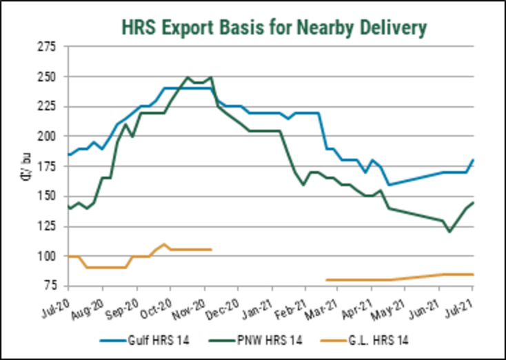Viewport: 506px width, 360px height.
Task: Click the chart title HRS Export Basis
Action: pos(274,27)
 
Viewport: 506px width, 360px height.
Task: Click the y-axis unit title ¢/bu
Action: pos(26,166)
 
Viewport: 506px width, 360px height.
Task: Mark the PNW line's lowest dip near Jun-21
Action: pos(450,232)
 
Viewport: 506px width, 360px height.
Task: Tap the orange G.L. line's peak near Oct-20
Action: pos(163,244)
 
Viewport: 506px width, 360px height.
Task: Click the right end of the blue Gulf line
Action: pos(474,160)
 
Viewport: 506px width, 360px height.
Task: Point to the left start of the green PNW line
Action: pos(68,208)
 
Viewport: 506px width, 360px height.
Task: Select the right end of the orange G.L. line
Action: pos(474,274)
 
